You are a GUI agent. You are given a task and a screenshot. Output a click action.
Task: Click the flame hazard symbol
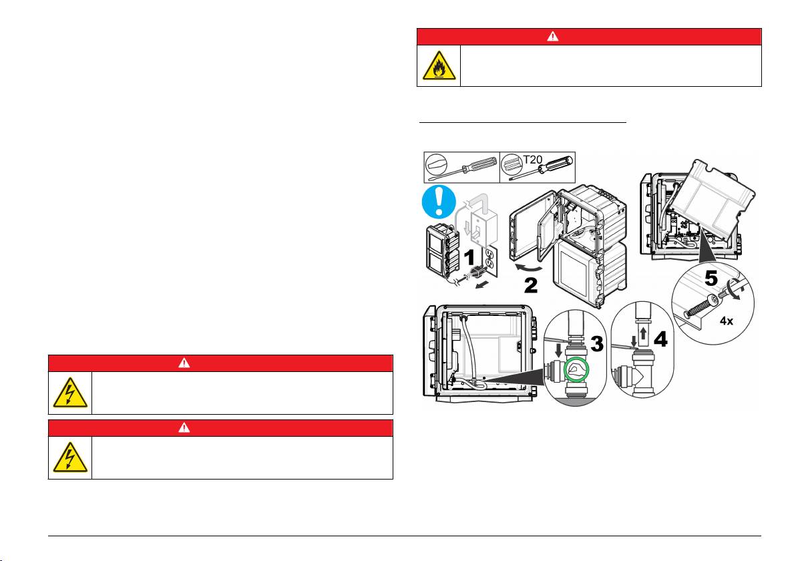point(439,66)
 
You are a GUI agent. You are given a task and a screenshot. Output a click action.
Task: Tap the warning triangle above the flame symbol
point(553,37)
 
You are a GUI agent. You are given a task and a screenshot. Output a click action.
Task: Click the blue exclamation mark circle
point(439,202)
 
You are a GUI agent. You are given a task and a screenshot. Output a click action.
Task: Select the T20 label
point(533,160)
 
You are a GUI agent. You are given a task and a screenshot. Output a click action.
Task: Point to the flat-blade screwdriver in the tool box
point(461,168)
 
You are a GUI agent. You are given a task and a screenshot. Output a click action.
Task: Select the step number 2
point(531,285)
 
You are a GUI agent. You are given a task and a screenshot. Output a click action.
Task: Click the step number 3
point(596,344)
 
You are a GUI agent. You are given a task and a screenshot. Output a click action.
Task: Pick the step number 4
point(660,339)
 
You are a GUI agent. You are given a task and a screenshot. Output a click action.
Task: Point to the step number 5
point(711,278)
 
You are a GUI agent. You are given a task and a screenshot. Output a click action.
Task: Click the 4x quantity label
point(727,321)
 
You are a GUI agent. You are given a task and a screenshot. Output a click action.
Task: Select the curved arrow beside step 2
point(528,268)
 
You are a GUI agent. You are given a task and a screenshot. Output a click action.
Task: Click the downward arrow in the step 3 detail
point(559,350)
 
